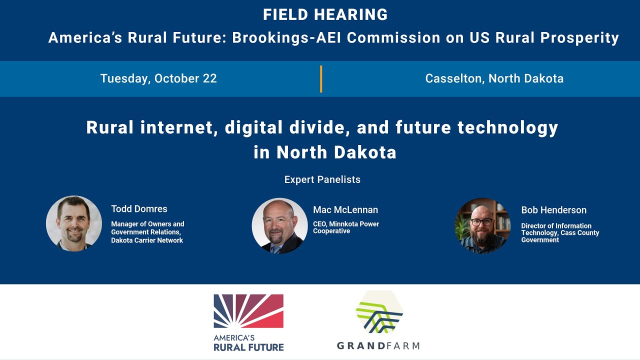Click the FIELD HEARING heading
pyautogui.click(x=325, y=15)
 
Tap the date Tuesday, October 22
pyautogui.click(x=158, y=78)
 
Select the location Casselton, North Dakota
pyautogui.click(x=494, y=78)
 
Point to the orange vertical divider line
pyautogui.click(x=321, y=79)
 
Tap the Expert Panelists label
pyautogui.click(x=322, y=179)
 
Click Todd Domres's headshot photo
pyautogui.click(x=74, y=223)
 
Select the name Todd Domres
pyautogui.click(x=139, y=209)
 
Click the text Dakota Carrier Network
pyautogui.click(x=147, y=240)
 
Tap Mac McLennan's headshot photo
pyautogui.click(x=279, y=225)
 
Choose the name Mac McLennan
pyautogui.click(x=345, y=210)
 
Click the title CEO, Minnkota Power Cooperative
pyautogui.click(x=346, y=227)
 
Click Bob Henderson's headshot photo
pyautogui.click(x=482, y=225)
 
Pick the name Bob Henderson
pyautogui.click(x=553, y=210)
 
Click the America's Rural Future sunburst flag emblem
pyautogui.click(x=248, y=311)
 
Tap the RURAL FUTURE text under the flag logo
pyautogui.click(x=248, y=346)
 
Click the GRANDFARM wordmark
pyautogui.click(x=378, y=345)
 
